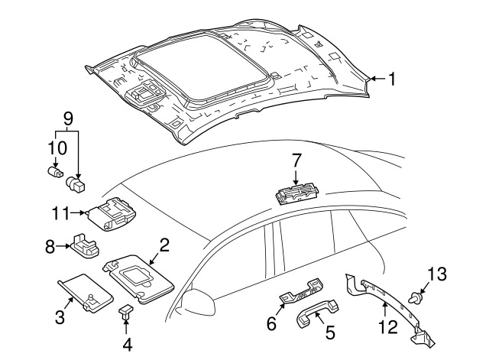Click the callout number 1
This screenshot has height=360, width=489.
391,79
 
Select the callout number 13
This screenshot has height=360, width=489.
436,274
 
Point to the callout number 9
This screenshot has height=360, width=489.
68,119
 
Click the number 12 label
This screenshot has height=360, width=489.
388,326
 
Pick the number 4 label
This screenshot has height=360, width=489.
128,345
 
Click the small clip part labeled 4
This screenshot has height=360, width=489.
125,312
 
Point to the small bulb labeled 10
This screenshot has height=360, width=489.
56,172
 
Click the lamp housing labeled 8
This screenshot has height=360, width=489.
85,245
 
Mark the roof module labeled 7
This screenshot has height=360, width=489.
297,193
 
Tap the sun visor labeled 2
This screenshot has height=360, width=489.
138,278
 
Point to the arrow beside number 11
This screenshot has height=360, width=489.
78,213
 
